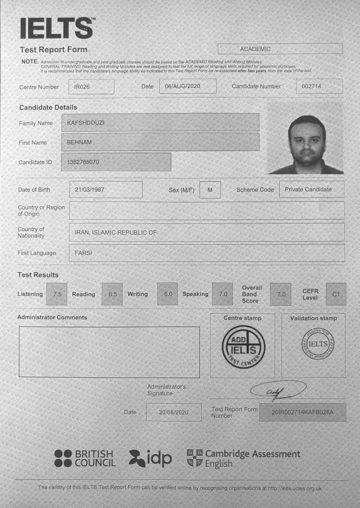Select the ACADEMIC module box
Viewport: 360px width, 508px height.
[280, 49]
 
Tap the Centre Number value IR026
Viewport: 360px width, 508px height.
[91, 86]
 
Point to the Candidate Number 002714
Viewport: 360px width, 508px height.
[319, 86]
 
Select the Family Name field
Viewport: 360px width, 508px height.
[160, 122]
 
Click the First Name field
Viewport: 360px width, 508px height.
[160, 142]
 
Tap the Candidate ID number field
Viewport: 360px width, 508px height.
[116, 162]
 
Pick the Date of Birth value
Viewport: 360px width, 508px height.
[106, 190]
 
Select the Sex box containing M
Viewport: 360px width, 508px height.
[209, 190]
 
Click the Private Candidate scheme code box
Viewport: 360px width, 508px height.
[312, 190]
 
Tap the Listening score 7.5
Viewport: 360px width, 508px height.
[57, 294]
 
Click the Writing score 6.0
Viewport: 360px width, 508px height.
[168, 294]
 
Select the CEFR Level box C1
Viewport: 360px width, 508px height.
[336, 294]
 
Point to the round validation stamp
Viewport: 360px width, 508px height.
[318, 344]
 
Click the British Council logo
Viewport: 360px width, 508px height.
[85, 458]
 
